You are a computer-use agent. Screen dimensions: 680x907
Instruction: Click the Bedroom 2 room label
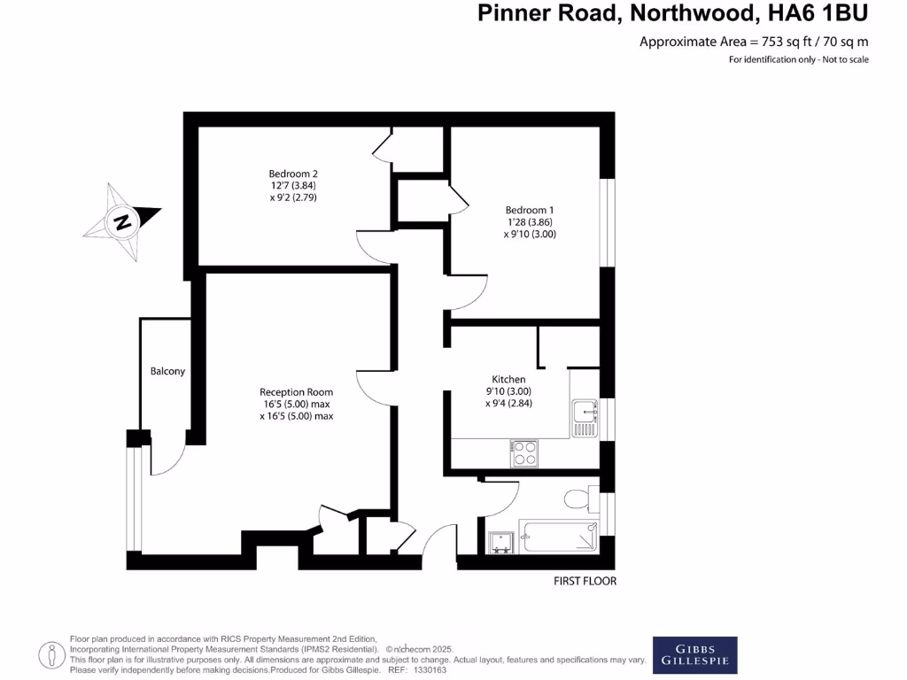[293, 174]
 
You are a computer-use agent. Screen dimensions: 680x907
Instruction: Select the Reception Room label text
[296, 392]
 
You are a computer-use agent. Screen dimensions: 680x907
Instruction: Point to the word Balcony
[167, 371]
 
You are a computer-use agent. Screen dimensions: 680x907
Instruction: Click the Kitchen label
[508, 379]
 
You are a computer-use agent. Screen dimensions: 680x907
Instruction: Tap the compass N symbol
[122, 221]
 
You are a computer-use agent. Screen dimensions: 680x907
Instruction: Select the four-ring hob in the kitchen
[524, 453]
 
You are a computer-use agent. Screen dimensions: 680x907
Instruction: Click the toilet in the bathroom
[579, 499]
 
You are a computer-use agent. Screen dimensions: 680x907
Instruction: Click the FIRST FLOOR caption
[585, 582]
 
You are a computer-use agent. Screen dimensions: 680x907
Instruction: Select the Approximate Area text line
[754, 41]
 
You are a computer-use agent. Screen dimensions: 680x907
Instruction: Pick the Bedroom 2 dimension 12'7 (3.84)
[293, 186]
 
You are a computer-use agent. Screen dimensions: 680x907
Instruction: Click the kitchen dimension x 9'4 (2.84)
[508, 403]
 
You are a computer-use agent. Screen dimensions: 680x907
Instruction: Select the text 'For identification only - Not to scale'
[799, 59]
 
